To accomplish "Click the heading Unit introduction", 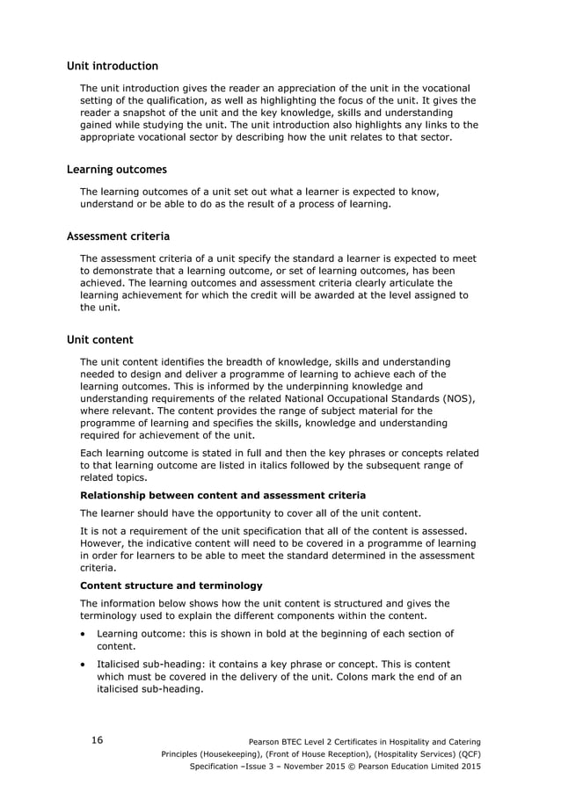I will (x=113, y=66).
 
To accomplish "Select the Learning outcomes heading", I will (x=117, y=169).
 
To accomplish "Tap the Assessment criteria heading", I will (x=119, y=236).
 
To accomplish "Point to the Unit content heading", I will (x=100, y=339).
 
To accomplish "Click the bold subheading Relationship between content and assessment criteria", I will (x=222, y=496).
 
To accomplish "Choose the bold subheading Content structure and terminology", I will (x=171, y=585).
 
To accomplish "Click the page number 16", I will (x=97, y=740).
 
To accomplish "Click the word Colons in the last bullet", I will (x=331, y=677).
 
